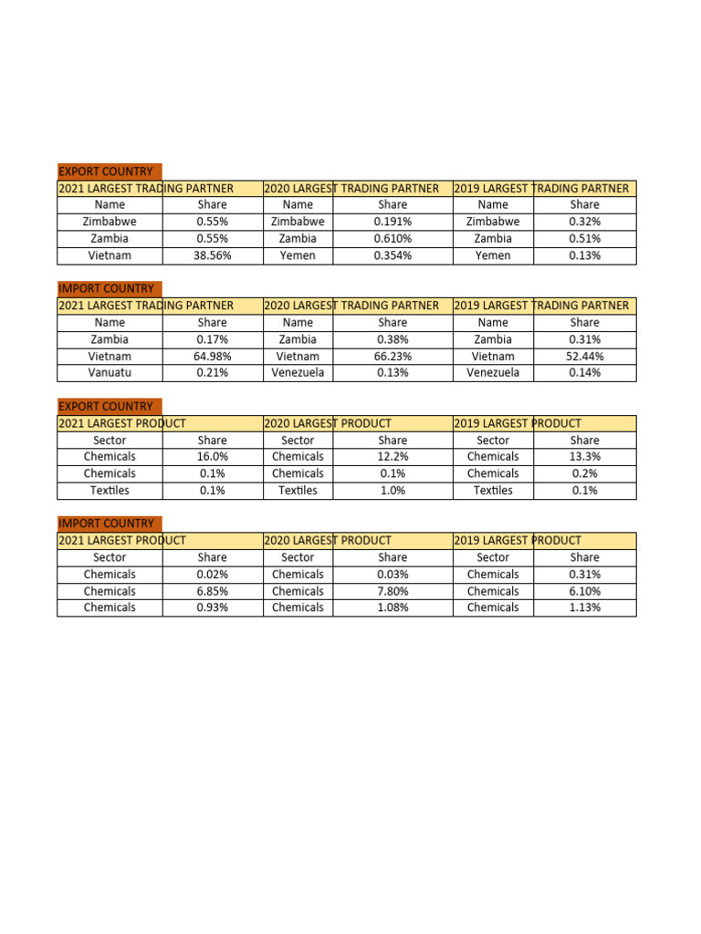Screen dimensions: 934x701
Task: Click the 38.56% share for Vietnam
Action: [212, 255]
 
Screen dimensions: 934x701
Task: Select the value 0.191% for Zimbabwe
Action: [392, 222]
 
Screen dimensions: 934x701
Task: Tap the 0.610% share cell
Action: [392, 238]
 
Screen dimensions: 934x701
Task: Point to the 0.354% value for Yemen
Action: [392, 255]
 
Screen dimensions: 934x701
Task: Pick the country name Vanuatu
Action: [110, 373]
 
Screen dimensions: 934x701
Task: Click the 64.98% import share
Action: [212, 357]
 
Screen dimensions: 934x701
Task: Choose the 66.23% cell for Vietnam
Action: [392, 357]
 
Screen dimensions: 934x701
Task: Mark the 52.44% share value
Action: [584, 357]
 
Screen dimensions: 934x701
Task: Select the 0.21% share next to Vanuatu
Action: [212, 373]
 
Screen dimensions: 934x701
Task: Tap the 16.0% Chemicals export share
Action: [212, 456]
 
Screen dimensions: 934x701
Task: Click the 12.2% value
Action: [392, 456]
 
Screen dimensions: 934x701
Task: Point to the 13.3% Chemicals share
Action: [584, 456]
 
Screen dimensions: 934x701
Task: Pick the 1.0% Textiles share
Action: [392, 491]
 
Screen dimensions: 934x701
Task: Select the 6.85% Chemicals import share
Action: [212, 591]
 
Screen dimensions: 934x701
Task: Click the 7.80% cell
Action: [392, 591]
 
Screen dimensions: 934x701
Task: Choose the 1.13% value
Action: [584, 607]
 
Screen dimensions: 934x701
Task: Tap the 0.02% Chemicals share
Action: [212, 575]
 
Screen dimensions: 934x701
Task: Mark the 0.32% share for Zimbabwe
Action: [584, 222]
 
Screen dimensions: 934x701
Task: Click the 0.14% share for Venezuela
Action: [584, 373]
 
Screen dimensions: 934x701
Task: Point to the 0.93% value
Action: [212, 607]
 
